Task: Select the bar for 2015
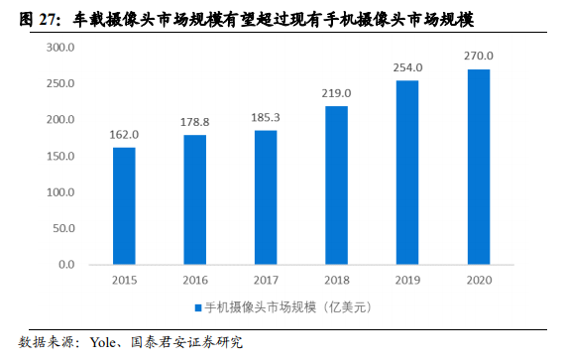(124, 205)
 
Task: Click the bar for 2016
(194, 199)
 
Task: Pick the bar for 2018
(337, 184)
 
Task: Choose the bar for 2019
(407, 173)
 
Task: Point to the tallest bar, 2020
(479, 167)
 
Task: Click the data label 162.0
(124, 135)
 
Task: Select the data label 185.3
(266, 118)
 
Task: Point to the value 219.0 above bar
(337, 93)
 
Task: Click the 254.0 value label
(407, 67)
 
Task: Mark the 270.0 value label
(479, 57)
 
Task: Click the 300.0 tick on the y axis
(61, 48)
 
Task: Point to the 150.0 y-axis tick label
(61, 156)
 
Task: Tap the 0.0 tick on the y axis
(66, 265)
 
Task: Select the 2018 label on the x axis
(337, 281)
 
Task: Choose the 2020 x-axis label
(479, 281)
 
